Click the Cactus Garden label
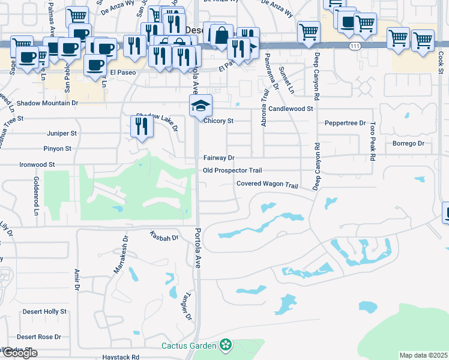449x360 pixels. point(188,345)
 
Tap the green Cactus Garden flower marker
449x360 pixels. point(226,345)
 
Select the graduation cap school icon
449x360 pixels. point(200,107)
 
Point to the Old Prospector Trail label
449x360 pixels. point(233,170)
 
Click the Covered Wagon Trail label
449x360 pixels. point(267,185)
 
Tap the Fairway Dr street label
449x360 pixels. point(218,158)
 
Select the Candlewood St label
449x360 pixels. point(291,109)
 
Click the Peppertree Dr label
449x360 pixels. point(346,123)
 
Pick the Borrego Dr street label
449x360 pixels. point(408,143)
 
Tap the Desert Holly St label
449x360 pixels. point(45,312)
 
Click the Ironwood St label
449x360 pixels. point(37,164)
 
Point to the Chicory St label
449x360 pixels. point(218,121)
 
